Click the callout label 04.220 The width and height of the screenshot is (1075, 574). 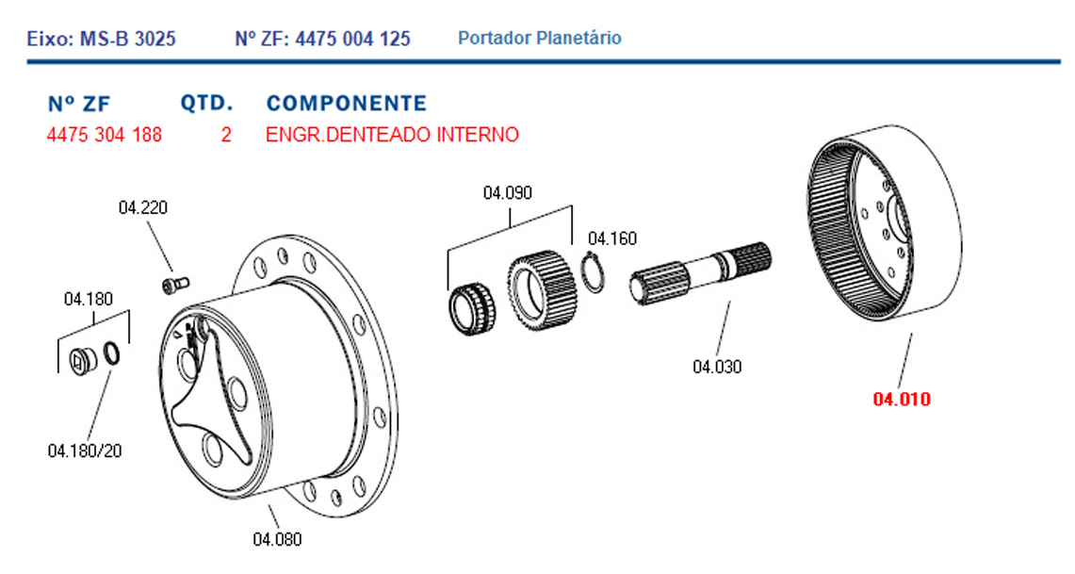(142, 207)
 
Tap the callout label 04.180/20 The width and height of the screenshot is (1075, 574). (85, 451)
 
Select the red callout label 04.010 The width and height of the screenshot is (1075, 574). (902, 399)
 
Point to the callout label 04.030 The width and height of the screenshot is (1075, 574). (717, 367)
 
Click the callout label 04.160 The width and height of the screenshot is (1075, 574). (612, 238)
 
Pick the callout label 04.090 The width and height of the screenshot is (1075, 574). (507, 192)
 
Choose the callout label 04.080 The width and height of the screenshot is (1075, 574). (277, 540)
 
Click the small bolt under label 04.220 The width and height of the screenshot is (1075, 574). (176, 284)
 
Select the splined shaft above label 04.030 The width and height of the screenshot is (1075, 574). (700, 273)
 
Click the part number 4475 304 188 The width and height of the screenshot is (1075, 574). (105, 135)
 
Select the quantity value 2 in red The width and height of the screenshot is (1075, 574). (225, 135)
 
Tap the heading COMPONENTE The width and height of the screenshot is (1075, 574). (346, 104)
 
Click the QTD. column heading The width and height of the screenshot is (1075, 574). (206, 104)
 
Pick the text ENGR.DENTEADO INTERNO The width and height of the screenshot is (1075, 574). (392, 135)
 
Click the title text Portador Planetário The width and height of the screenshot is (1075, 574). (540, 38)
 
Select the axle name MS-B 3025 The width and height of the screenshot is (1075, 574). (128, 39)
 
